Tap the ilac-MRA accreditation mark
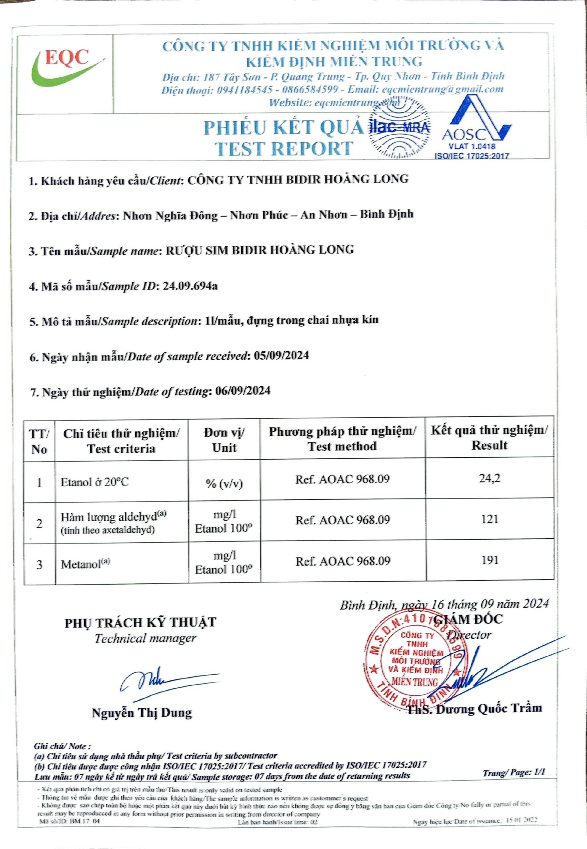point(399,127)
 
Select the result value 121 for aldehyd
point(489,519)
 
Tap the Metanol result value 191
point(489,560)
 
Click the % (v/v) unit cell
point(224,483)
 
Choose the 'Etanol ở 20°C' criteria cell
point(95,482)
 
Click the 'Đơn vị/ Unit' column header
point(224,440)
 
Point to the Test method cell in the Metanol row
point(342,561)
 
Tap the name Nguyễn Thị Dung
point(142,713)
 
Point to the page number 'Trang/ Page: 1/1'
point(514,772)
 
